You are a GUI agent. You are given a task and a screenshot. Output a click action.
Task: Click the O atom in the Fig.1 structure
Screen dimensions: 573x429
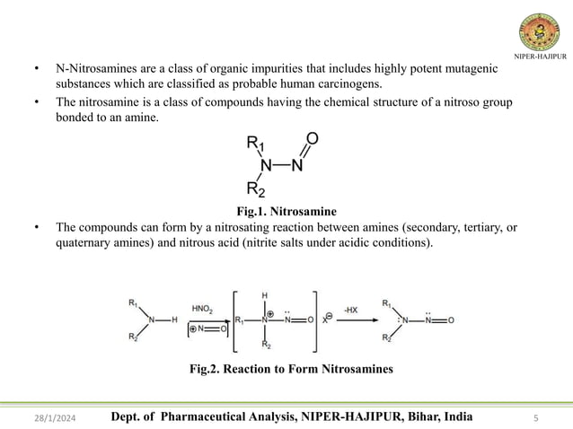(x=312, y=138)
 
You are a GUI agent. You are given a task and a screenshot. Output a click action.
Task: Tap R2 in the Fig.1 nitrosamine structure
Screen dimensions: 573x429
(x=256, y=188)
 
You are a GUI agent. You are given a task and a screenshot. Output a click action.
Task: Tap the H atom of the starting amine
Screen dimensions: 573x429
(x=174, y=320)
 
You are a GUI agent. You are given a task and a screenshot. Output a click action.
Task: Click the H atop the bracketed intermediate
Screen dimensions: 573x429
(x=264, y=295)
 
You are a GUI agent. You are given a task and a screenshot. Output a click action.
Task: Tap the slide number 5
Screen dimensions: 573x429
(x=535, y=417)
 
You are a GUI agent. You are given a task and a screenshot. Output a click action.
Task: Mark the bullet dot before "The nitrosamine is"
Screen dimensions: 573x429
(x=37, y=102)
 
